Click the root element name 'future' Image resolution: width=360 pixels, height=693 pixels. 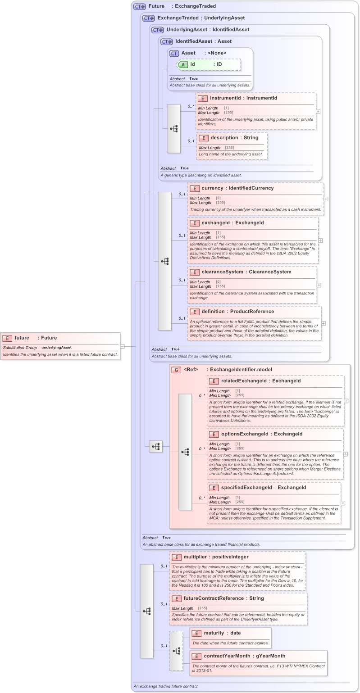22,338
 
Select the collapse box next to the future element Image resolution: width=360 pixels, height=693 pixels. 122,346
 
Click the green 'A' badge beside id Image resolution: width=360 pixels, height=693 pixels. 183,64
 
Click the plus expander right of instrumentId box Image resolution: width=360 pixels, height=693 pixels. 318,111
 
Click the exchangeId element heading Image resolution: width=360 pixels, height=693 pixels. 215,223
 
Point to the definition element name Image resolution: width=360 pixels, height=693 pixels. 214,312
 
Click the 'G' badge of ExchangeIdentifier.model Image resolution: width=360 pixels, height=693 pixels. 176,370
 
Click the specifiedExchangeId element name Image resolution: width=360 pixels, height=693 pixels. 246,488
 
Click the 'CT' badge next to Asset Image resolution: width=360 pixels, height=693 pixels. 174,53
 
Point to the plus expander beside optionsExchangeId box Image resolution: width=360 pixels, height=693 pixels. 346,454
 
